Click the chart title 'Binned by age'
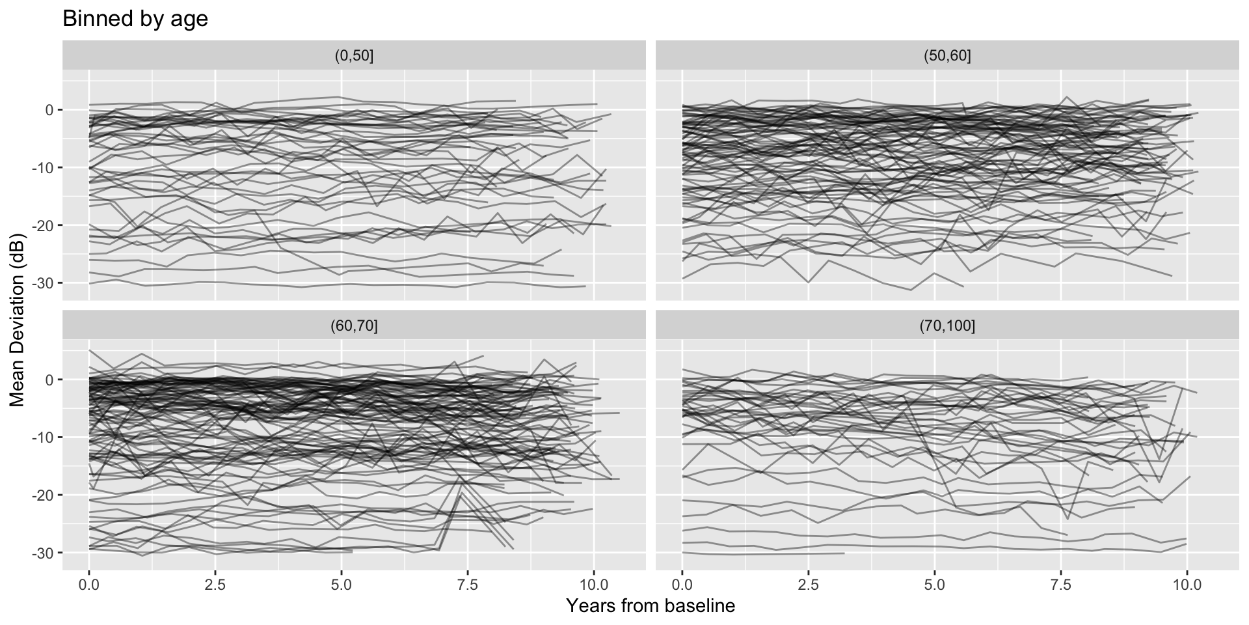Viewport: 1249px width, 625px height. pyautogui.click(x=135, y=19)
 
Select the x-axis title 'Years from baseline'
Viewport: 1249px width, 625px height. pyautogui.click(x=651, y=606)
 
